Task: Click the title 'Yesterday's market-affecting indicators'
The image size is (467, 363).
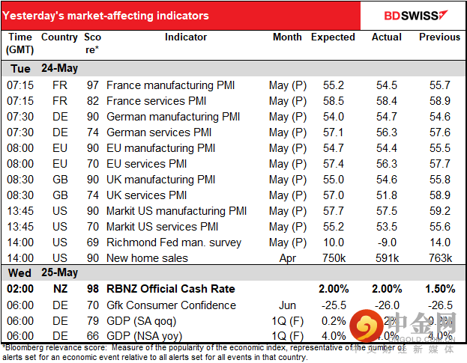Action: (108, 16)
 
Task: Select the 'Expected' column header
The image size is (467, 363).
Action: (333, 37)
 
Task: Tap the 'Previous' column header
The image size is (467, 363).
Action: (439, 37)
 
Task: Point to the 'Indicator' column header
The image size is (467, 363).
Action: (186, 37)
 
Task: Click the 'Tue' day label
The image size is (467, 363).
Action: (19, 68)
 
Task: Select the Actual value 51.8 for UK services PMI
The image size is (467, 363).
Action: (387, 195)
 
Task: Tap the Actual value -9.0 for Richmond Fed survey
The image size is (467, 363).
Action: (387, 242)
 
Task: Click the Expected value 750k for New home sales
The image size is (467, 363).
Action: (333, 258)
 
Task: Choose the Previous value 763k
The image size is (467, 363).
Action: (439, 258)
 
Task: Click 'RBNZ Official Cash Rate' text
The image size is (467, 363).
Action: (171, 289)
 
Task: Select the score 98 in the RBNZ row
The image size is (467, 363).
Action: (92, 289)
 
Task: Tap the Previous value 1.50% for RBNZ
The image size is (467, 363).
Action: (439, 289)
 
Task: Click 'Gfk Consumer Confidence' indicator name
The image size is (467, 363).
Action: (172, 305)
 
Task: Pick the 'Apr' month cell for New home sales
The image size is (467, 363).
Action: (289, 258)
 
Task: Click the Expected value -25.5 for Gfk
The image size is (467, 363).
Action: (333, 305)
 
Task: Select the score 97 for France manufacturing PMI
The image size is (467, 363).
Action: (92, 85)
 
